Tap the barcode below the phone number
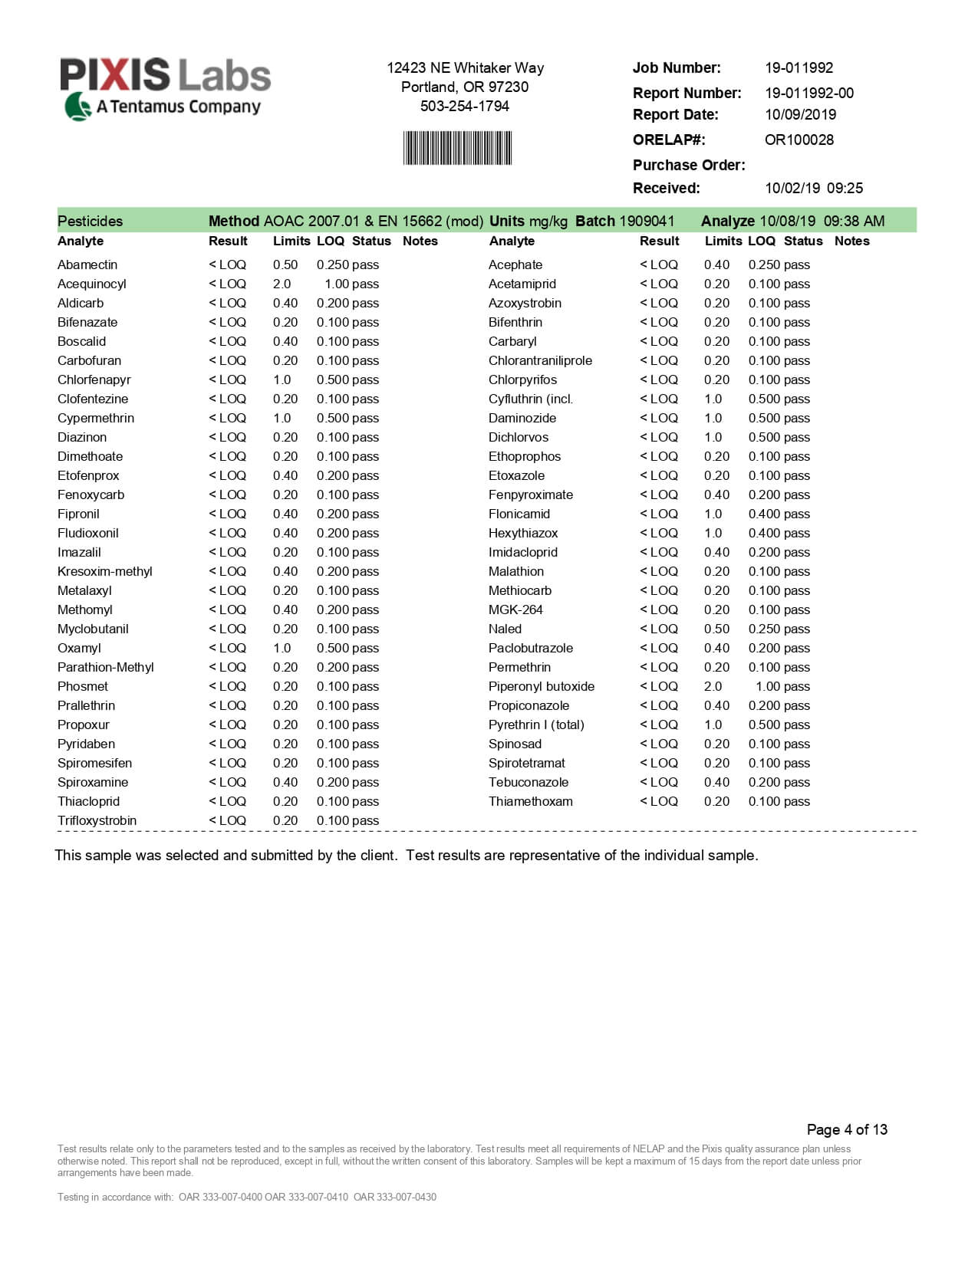point(457,148)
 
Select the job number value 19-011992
point(799,67)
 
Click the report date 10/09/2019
point(800,114)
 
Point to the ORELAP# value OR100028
point(799,140)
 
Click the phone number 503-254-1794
point(464,106)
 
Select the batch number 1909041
point(646,221)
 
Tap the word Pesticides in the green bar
point(90,221)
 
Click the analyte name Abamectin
point(87,264)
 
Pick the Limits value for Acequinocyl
point(282,284)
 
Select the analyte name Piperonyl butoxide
point(541,686)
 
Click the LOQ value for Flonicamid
point(764,514)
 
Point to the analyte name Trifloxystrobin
point(97,820)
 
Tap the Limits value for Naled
point(716,629)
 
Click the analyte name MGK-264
point(515,609)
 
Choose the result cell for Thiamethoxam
point(659,801)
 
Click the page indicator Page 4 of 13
point(846,1129)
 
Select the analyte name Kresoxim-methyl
point(104,571)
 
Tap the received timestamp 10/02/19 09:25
point(813,188)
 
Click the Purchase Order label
point(688,165)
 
